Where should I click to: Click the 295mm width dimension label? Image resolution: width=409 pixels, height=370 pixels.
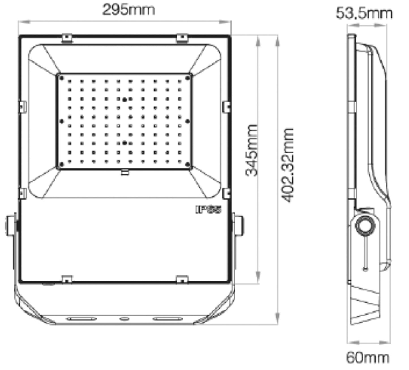pos(129,10)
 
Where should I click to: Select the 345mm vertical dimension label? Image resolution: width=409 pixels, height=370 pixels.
pos(252,150)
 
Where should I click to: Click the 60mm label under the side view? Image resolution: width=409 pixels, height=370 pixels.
pos(367,358)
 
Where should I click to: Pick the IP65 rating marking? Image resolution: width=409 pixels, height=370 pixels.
pos(209,210)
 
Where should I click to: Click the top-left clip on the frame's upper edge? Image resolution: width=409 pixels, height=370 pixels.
pos(67,38)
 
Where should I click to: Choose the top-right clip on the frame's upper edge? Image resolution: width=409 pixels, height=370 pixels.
pos(182,38)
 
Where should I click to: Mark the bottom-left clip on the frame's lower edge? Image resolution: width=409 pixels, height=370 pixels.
pos(67,279)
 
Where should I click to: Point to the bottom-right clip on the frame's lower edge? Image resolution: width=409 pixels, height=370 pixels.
pos(182,279)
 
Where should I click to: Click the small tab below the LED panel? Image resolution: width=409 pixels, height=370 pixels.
pos(125,172)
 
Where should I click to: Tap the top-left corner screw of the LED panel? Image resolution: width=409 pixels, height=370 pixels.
pos(61,78)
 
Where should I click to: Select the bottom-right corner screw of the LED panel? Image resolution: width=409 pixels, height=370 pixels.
pos(187,164)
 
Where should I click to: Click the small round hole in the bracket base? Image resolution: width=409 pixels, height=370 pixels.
pos(124,319)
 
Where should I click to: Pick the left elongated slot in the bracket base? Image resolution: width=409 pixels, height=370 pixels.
pos(81,319)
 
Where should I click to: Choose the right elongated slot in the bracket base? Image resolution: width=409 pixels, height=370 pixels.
pos(167,319)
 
